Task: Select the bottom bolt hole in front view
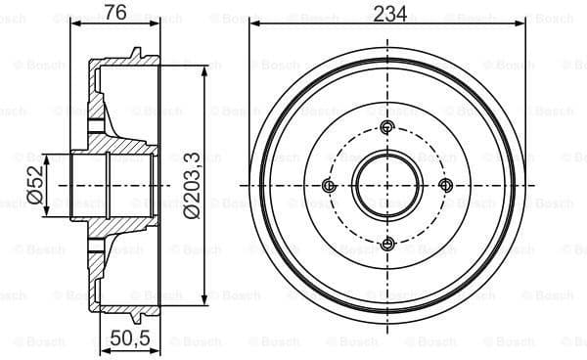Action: (x=387, y=245)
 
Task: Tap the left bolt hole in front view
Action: (x=329, y=186)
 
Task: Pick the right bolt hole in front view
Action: (x=446, y=186)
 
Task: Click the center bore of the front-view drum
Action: (x=387, y=186)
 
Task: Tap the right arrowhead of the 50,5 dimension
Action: (x=157, y=323)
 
